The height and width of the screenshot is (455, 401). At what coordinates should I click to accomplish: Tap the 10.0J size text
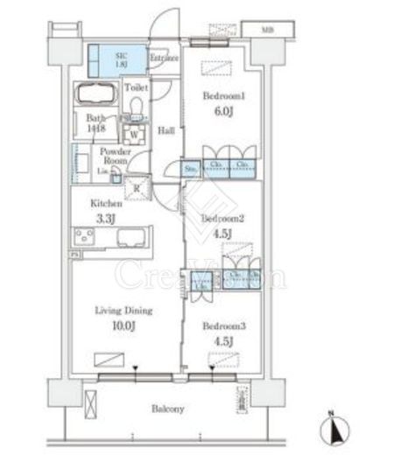pyautogui.click(x=123, y=325)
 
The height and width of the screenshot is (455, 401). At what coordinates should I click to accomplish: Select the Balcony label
pyautogui.click(x=166, y=408)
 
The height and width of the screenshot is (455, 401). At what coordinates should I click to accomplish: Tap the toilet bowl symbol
pyautogui.click(x=136, y=107)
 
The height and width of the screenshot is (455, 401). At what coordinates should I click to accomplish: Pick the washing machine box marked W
pyautogui.click(x=134, y=135)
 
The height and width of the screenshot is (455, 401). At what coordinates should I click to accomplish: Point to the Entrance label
pyautogui.click(x=164, y=59)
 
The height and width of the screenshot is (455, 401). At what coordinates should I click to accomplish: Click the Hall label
pyautogui.click(x=165, y=131)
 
